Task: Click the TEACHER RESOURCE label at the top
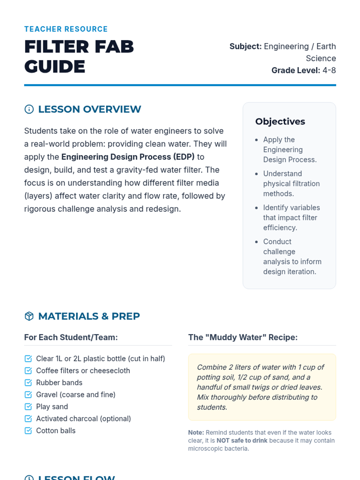click(66, 29)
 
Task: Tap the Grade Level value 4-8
click(329, 70)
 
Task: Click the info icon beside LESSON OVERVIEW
click(29, 109)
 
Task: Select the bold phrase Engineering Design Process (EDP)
click(128, 157)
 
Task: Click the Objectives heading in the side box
click(280, 121)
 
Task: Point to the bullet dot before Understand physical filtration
click(256, 174)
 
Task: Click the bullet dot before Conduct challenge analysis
click(256, 242)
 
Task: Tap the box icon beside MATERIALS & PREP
click(29, 316)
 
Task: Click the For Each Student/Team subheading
click(71, 337)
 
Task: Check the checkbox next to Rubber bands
click(28, 382)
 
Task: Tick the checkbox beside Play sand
click(28, 406)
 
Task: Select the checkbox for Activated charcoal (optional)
click(28, 418)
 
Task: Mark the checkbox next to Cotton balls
click(28, 430)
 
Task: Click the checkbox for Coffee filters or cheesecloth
click(28, 370)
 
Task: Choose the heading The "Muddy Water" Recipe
click(243, 337)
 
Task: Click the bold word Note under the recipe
click(196, 433)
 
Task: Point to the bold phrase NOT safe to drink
click(242, 440)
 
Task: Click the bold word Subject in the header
click(245, 46)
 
